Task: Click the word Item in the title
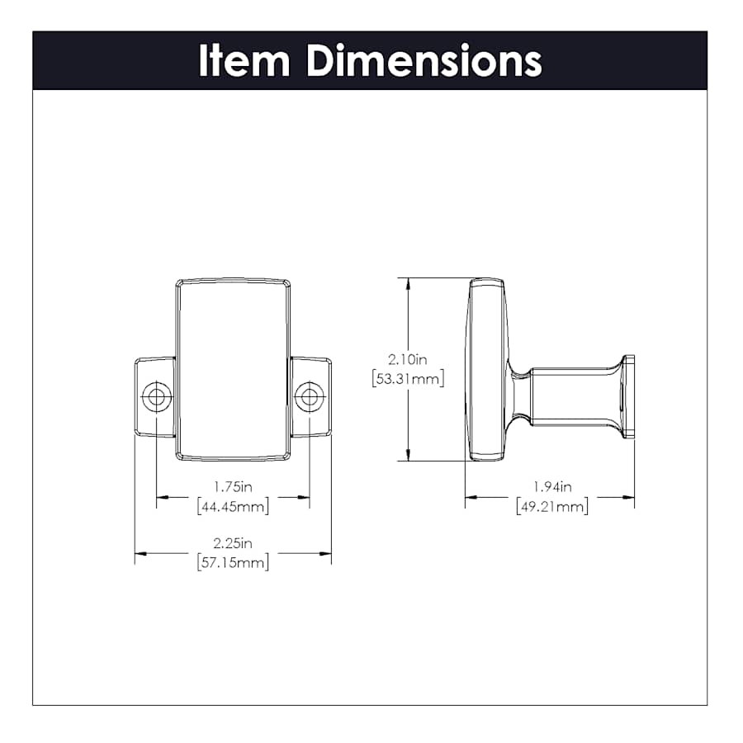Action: point(244,60)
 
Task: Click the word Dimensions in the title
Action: point(424,60)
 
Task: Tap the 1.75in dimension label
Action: point(233,486)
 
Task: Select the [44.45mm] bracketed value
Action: point(233,506)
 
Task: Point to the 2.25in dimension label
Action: point(233,542)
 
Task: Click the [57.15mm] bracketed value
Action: point(233,562)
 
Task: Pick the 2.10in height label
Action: point(408,359)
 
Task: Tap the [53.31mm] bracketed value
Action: point(408,379)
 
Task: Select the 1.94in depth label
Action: point(552,486)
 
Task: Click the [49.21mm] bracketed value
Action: point(552,506)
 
